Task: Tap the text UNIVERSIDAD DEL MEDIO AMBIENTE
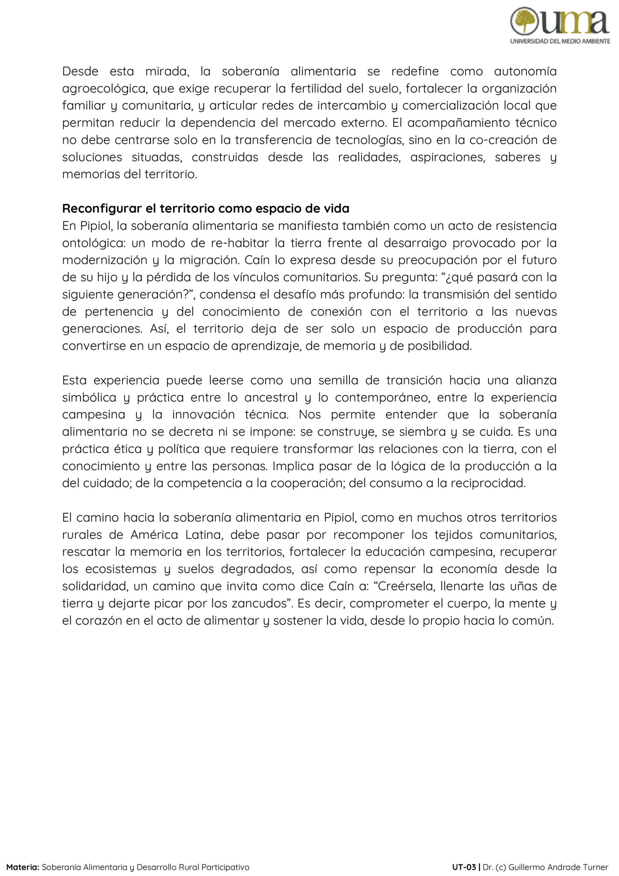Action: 560,41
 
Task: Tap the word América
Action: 154,535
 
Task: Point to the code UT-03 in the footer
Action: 464,867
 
